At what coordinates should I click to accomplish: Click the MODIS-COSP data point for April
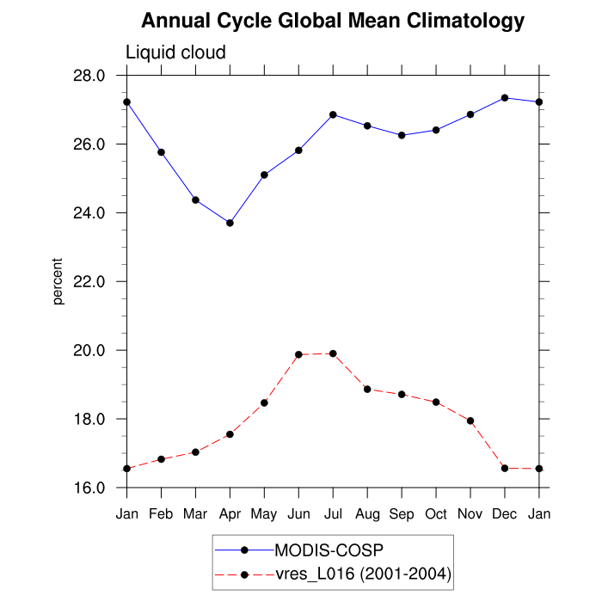point(230,223)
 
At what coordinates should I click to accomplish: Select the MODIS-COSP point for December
point(505,98)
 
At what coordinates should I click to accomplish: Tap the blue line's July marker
point(333,114)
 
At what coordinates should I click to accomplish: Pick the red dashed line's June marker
point(298,354)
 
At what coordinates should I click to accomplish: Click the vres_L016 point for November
point(470,421)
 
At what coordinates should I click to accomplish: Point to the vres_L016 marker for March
point(195,451)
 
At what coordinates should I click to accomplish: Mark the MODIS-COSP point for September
point(402,135)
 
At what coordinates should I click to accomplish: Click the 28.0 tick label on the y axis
point(89,76)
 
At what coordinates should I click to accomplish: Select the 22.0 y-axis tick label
point(89,282)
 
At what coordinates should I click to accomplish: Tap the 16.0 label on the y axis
point(89,488)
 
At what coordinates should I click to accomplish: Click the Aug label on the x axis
point(367,514)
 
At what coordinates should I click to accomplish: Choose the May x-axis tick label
point(264,515)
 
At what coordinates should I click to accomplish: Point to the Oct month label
point(436,514)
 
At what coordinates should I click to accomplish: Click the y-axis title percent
point(58,281)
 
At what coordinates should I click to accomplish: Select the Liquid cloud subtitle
point(175,52)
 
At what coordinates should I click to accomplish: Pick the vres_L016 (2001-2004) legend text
point(362,574)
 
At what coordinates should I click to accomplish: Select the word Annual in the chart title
point(171,21)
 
